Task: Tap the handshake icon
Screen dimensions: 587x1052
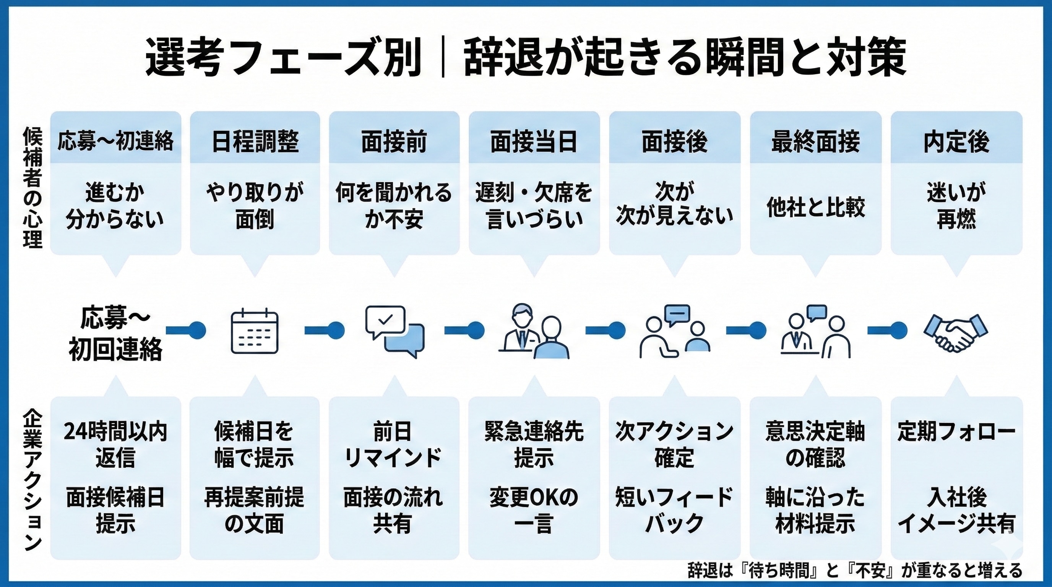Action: (x=956, y=332)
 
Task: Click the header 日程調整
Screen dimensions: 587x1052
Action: (x=255, y=141)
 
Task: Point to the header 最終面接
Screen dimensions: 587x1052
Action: (x=815, y=141)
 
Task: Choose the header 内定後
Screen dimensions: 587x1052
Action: (x=956, y=141)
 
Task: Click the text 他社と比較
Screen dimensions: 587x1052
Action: (x=815, y=207)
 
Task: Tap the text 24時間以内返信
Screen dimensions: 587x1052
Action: (x=115, y=444)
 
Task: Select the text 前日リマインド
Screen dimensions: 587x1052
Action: (x=393, y=444)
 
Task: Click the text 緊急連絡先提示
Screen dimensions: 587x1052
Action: (x=534, y=444)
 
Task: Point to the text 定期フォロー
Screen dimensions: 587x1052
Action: (x=956, y=431)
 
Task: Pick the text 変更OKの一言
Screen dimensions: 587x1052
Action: (x=534, y=510)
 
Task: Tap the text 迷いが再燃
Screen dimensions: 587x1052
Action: (x=956, y=205)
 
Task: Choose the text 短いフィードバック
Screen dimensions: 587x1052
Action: (x=674, y=510)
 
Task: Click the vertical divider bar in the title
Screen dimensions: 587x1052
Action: (x=443, y=57)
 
